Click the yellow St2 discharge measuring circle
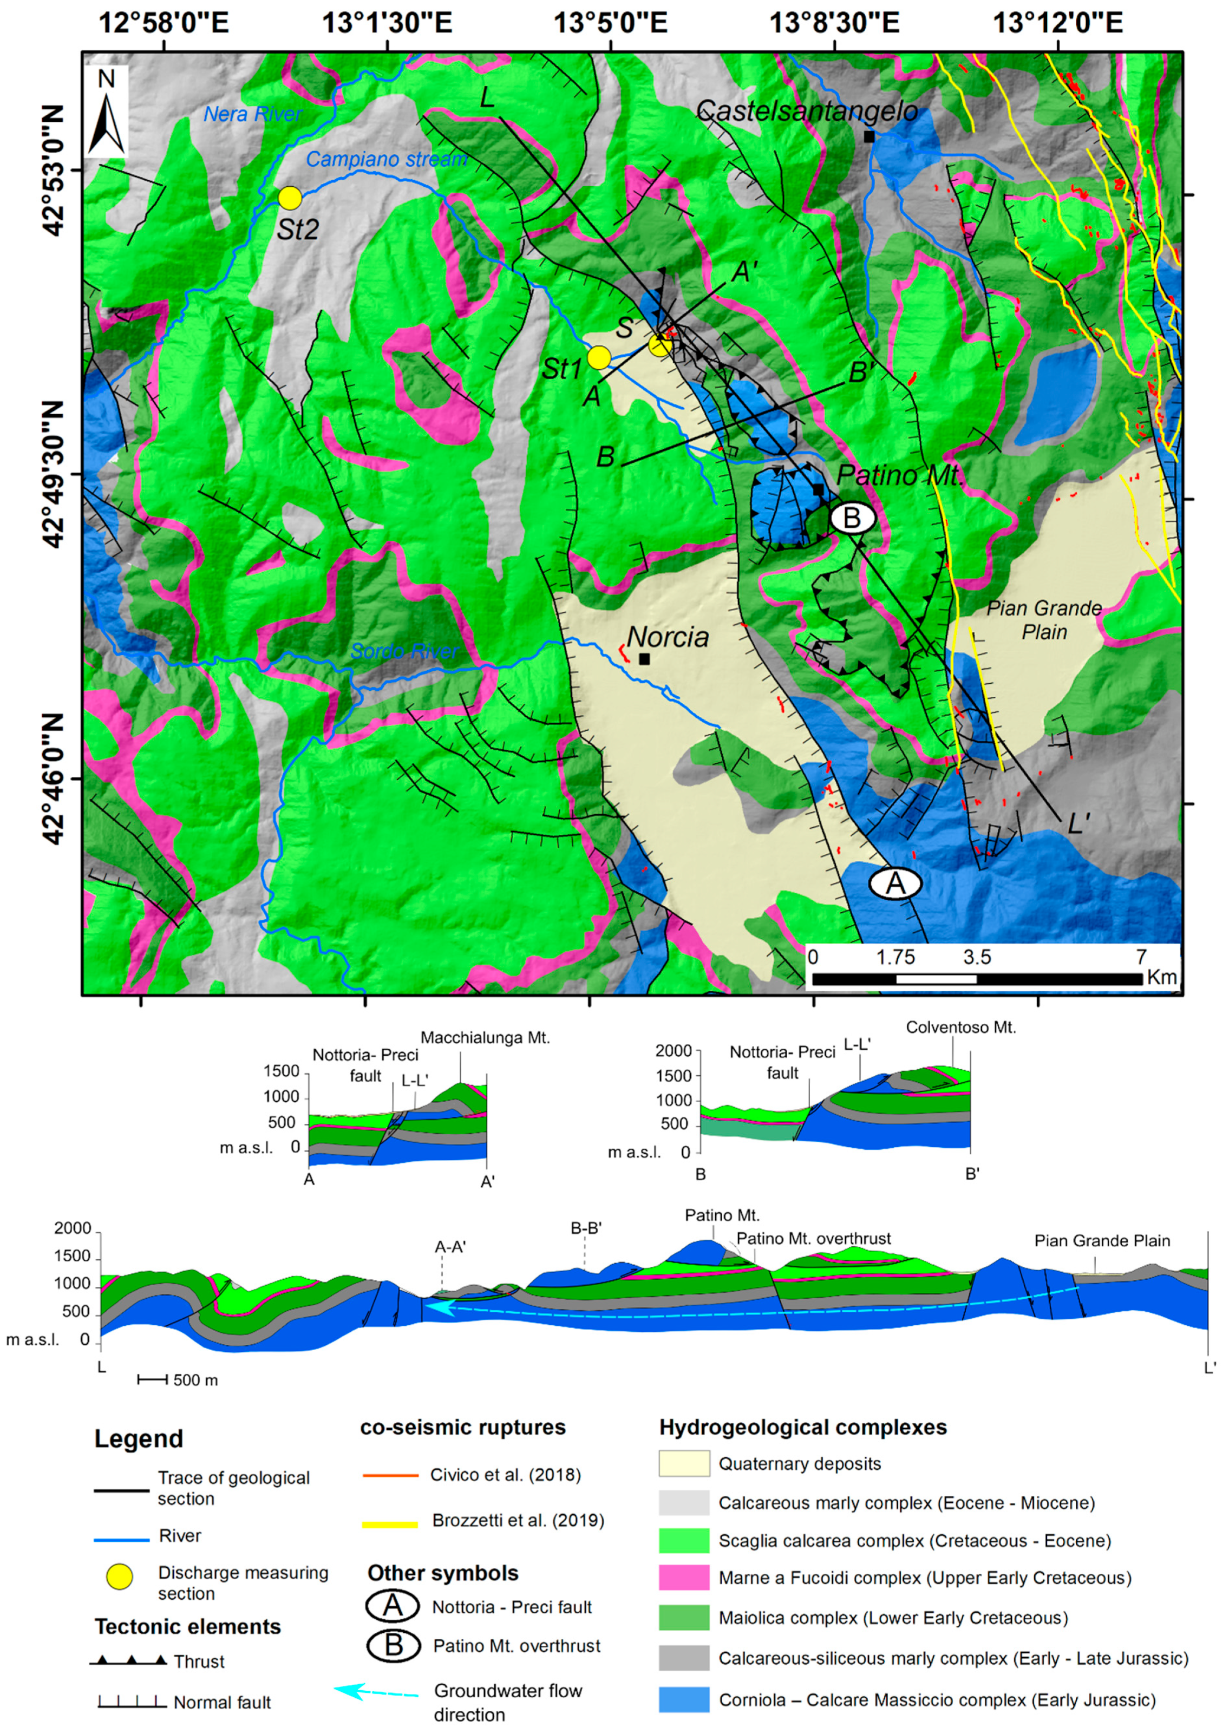290,198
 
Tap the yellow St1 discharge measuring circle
599,357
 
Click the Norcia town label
668,637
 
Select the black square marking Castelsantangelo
869,137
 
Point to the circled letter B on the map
852,519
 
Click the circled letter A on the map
895,883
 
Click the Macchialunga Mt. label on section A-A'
485,1038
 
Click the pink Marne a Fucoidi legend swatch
684,1578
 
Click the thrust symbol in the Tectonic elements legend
129,1661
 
